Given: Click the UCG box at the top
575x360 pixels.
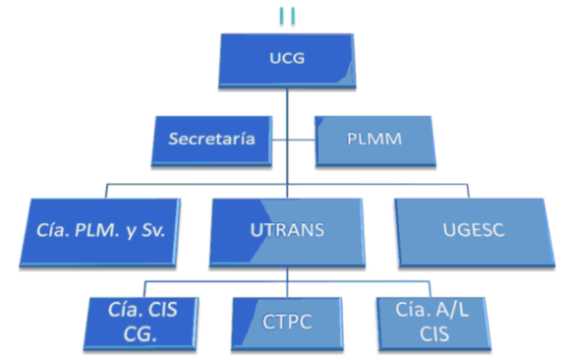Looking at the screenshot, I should [x=287, y=62].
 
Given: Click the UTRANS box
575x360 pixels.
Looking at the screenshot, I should [x=287, y=233].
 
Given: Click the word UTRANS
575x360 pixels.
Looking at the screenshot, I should [x=287, y=232].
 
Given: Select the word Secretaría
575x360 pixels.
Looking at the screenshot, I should [x=211, y=139].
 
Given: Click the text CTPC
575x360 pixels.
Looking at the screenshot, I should [x=287, y=322].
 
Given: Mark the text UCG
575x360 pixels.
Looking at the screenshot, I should [x=287, y=58].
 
